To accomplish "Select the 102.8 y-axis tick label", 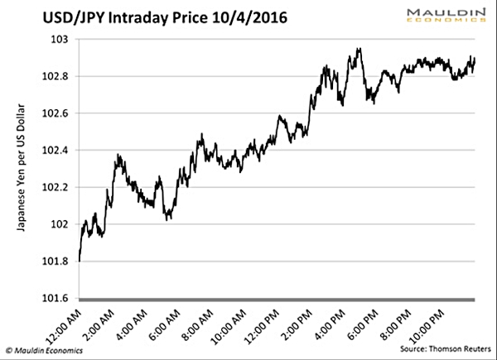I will coord(55,76).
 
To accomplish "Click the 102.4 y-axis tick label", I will coord(55,150).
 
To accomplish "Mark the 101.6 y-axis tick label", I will coord(55,297).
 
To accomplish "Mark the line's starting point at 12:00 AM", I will coord(80,261).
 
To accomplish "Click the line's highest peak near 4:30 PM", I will coord(358,49).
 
